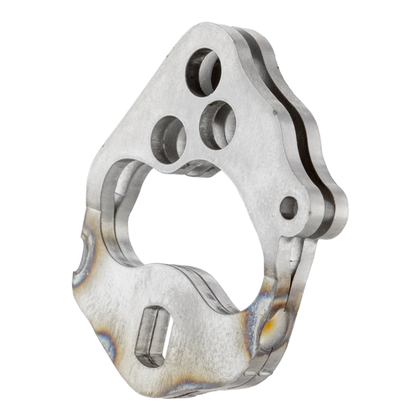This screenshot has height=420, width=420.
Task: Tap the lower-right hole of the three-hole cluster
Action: pos(216,124)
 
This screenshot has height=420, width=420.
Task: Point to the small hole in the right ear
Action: pos(288,207)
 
